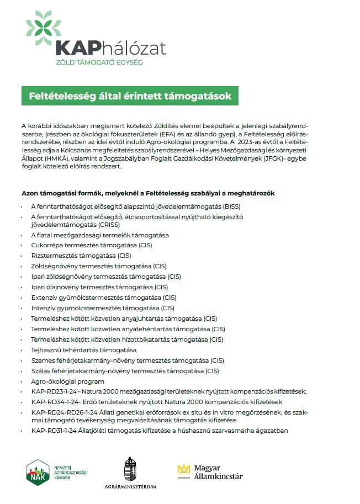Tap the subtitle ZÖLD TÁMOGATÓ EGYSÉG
(x=99, y=62)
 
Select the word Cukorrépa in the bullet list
(x=46, y=245)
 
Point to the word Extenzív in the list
(x=44, y=298)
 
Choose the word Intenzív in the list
(x=44, y=308)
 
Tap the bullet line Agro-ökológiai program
(x=67, y=381)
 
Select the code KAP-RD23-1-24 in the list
(x=53, y=391)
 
